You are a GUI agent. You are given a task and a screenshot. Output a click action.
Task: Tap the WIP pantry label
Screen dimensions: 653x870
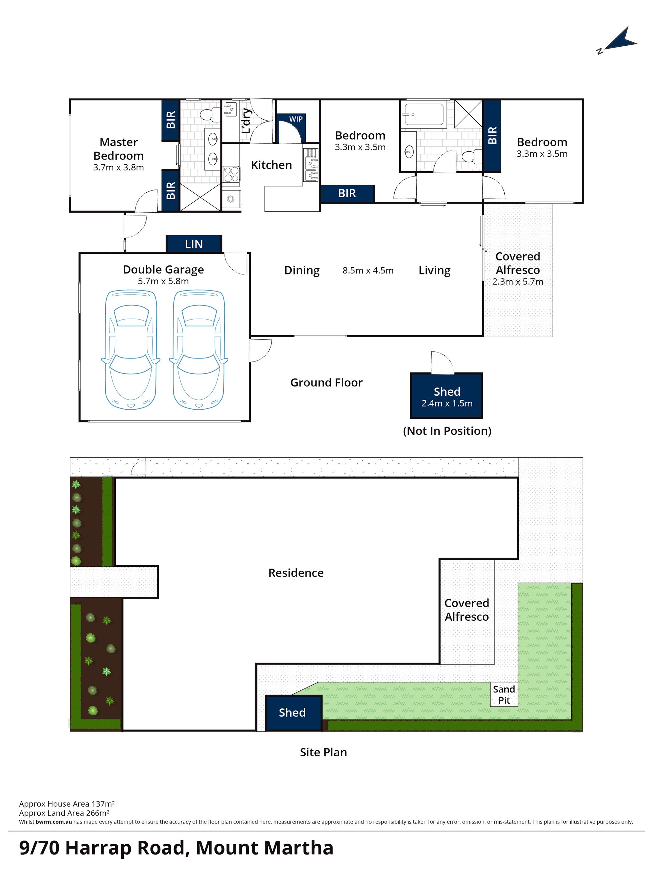296,119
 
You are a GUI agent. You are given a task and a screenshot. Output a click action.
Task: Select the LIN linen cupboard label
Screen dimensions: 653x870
194,244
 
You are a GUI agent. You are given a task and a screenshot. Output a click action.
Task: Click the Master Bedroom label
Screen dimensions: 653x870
118,149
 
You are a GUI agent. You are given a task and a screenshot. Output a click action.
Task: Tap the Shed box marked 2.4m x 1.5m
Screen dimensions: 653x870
447,396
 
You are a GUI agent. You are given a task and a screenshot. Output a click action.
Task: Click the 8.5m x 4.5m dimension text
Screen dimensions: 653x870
368,271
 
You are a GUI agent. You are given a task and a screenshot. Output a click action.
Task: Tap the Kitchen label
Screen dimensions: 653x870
271,165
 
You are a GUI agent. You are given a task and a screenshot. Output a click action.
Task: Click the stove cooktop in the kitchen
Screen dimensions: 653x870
231,175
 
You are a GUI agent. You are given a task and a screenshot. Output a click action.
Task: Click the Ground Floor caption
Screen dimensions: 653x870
327,383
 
